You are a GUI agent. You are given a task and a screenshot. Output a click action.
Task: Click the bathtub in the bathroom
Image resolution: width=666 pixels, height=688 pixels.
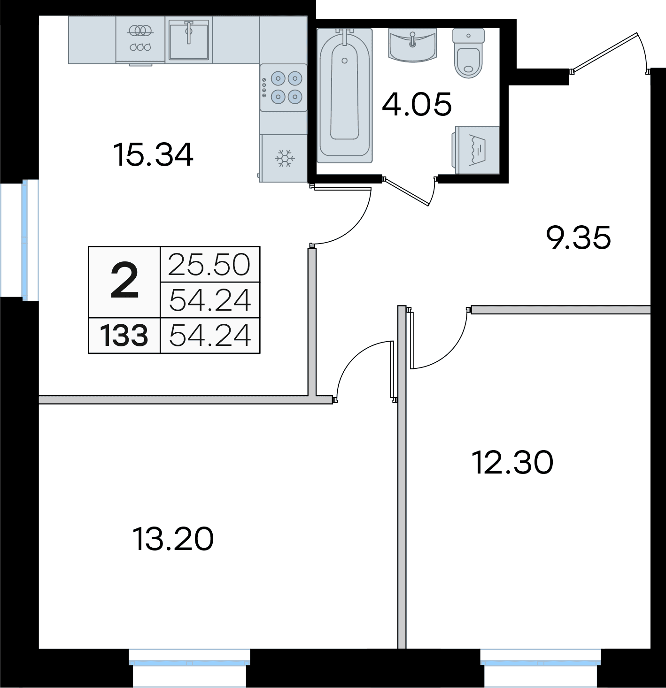pos(344,95)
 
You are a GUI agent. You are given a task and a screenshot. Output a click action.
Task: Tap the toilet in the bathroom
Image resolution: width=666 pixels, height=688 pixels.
pos(468,53)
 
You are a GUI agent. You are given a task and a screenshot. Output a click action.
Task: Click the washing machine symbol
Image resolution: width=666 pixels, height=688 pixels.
pos(475,150)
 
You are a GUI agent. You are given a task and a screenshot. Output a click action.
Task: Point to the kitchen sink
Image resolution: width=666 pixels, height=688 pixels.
pos(189,39)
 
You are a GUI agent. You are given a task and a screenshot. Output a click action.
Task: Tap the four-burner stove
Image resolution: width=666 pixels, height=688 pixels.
pos(283,88)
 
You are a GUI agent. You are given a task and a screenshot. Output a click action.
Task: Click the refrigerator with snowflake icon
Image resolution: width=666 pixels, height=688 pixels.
pos(283,158)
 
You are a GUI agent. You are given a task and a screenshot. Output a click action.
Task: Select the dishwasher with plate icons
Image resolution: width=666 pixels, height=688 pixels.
pos(140,40)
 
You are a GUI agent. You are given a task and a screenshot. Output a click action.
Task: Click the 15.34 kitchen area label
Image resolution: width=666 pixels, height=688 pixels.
pos(153,154)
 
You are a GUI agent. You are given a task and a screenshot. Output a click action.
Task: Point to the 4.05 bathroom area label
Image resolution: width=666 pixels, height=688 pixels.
pos(417,104)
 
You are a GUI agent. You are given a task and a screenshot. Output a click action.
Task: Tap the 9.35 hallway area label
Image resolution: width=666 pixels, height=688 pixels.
pos(579,237)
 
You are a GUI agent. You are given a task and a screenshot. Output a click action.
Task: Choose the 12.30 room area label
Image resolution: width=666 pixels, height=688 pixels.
pos(512,462)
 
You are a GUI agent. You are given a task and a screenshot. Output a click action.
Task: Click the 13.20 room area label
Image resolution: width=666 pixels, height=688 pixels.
pos(173,539)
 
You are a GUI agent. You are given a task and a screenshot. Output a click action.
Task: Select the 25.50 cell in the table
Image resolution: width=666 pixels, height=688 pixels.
pos(210,264)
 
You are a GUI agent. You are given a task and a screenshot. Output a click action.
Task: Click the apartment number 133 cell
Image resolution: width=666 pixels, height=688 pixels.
pos(124,336)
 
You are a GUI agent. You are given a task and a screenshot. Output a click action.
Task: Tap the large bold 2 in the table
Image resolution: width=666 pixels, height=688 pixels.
pos(124,282)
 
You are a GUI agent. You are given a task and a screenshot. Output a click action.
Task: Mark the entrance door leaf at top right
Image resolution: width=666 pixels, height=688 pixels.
pos(604,53)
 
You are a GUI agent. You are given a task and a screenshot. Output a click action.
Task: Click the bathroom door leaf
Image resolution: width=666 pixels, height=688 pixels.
pos(407,192)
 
